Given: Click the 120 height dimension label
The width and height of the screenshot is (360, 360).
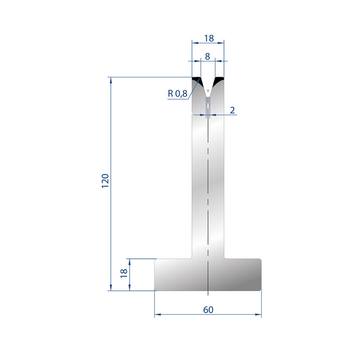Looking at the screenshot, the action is click(105, 181).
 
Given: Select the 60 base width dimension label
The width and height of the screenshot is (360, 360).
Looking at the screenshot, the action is click(208, 310).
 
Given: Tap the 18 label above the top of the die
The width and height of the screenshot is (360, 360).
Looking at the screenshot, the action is click(209, 38).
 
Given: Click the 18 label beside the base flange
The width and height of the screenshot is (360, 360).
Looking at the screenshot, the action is click(124, 273).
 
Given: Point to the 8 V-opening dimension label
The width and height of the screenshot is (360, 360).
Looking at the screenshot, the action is click(207, 57).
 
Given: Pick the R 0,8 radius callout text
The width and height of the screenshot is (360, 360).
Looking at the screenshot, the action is click(177, 94).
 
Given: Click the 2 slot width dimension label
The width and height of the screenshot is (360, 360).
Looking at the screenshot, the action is click(232, 110).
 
